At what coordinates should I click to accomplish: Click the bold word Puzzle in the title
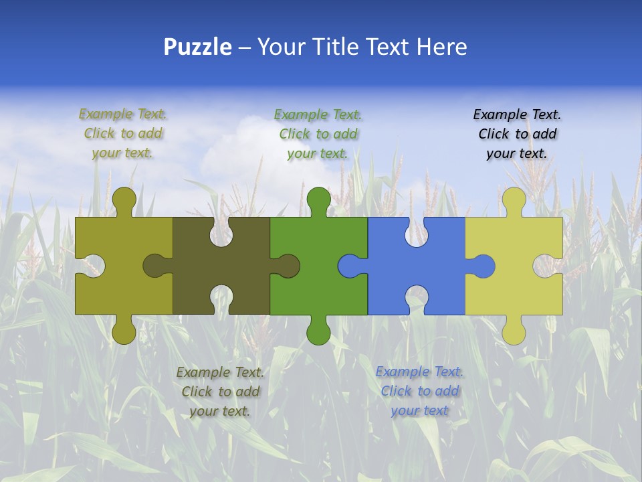point(198,47)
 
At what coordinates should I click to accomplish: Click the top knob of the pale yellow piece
point(514,199)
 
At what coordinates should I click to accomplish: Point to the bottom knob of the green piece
point(318,332)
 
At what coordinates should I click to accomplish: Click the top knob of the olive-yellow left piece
point(124,199)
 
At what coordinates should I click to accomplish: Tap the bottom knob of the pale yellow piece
point(514,332)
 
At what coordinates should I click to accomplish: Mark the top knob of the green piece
point(318,199)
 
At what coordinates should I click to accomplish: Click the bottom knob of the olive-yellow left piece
point(124,332)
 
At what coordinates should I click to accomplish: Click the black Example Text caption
point(517,134)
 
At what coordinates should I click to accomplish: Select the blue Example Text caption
point(419,391)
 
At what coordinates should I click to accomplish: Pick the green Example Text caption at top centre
point(318,134)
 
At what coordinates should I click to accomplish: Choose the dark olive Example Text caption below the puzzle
point(220,391)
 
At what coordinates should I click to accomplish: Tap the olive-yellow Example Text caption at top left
point(123,134)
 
